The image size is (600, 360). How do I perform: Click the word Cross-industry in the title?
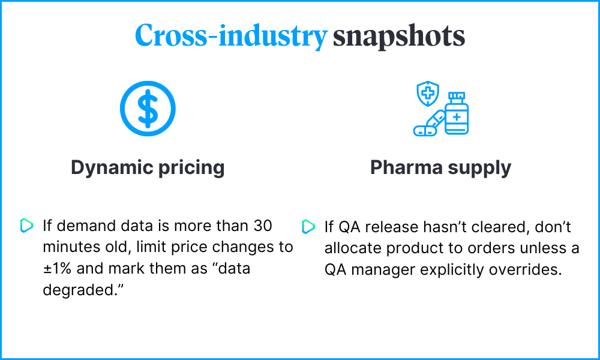pyautogui.click(x=231, y=36)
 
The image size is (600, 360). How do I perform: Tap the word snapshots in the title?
pyautogui.click(x=399, y=36)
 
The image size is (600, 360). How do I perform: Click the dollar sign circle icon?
pyautogui.click(x=148, y=109)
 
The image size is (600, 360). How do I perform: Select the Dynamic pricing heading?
pyautogui.click(x=148, y=167)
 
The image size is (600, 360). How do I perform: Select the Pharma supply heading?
pyautogui.click(x=441, y=167)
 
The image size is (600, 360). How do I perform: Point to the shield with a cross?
pyautogui.click(x=428, y=94)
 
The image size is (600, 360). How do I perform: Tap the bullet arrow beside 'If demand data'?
pyautogui.click(x=26, y=226)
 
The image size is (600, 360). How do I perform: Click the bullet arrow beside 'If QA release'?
pyautogui.click(x=308, y=226)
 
